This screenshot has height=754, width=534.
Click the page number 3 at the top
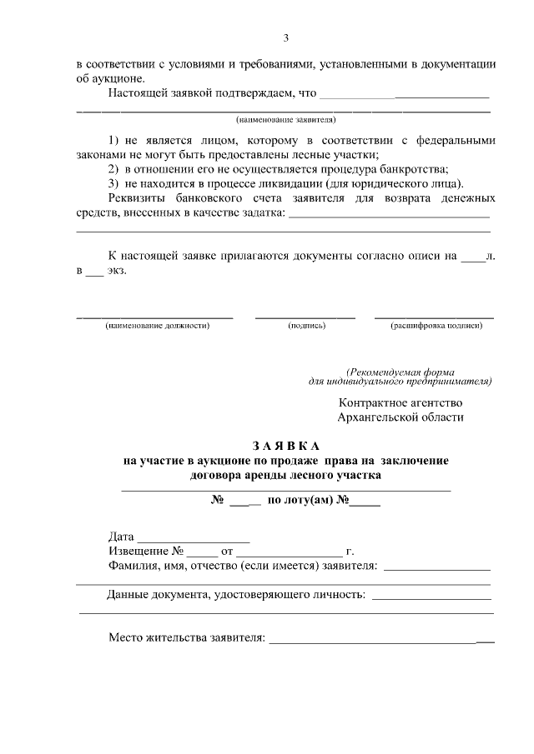click(286, 37)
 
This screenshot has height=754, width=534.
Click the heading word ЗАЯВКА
click(286, 446)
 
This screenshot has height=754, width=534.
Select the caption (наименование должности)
click(157, 326)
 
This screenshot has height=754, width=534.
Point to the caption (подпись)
click(306, 326)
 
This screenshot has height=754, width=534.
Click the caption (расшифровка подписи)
click(436, 326)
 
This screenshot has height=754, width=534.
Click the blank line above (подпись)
click(305, 317)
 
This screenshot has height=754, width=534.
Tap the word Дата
click(122, 537)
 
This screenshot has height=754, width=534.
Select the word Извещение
click(139, 552)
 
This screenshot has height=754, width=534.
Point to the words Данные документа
click(160, 595)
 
